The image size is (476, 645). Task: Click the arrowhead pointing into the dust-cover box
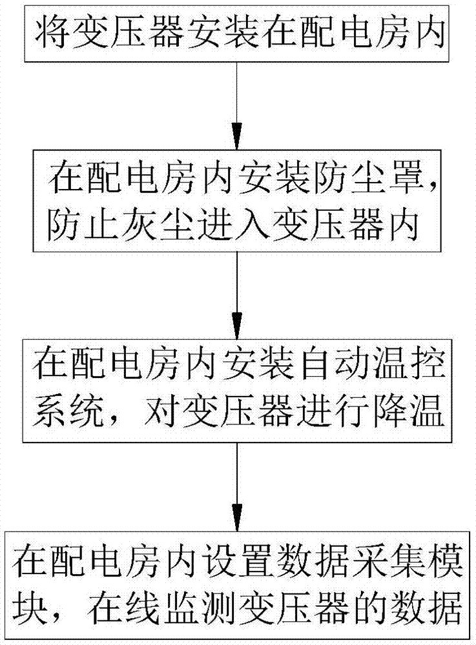tap(237, 136)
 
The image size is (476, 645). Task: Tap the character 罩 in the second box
tap(406, 179)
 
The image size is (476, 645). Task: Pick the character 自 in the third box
tap(316, 364)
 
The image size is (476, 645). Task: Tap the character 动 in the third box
tap(354, 364)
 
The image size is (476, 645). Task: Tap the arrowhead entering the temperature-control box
tap(237, 326)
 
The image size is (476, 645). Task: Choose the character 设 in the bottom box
tap(217, 561)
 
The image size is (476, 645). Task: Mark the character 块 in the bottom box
tap(29, 608)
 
